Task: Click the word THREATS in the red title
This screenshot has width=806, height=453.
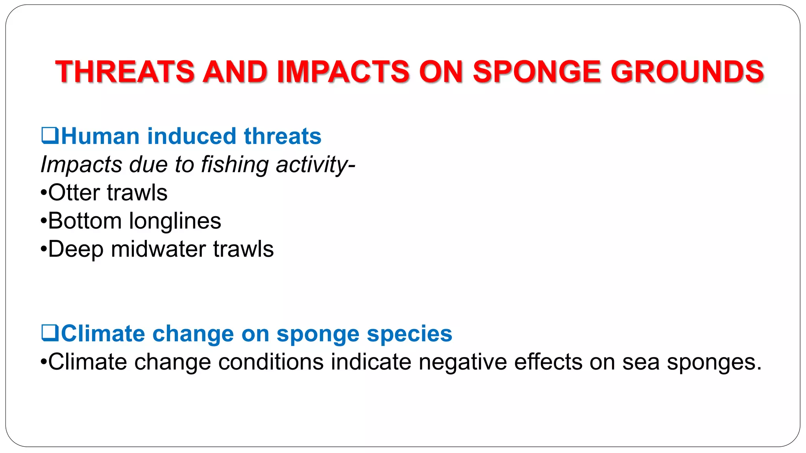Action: point(125,72)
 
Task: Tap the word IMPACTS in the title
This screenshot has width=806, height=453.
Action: point(343,72)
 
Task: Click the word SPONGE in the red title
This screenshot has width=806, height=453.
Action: point(537,72)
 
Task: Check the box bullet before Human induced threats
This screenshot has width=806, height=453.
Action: point(50,136)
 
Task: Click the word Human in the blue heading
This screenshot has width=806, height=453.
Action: point(100,136)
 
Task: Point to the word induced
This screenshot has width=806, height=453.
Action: point(191,136)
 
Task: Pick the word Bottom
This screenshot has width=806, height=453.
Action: point(85,221)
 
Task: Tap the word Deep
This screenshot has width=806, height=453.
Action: point(76,249)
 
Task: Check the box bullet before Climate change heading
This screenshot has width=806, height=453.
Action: point(50,333)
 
